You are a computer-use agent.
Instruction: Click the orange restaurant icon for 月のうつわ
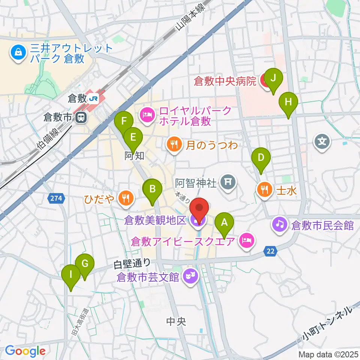pos(174,144)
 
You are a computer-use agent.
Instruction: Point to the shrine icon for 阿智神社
pos(228,183)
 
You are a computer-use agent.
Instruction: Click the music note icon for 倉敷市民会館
pos(280,225)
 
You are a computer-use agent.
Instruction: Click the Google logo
pos(25,351)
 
